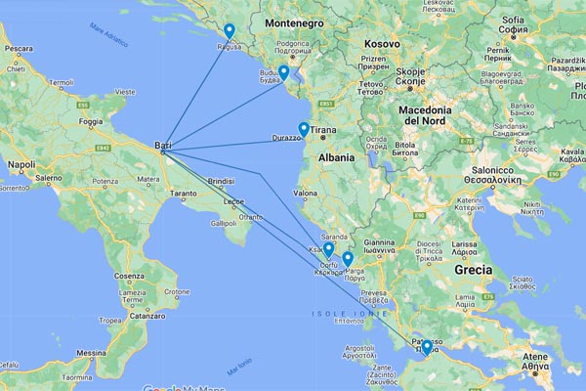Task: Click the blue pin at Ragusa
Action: (229, 31)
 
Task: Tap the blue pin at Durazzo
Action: (304, 129)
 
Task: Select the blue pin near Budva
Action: (283, 72)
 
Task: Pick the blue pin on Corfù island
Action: (329, 250)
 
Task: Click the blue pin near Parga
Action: (348, 259)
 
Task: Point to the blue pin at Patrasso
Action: (427, 347)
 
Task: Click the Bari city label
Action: (163, 147)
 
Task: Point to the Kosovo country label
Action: (382, 44)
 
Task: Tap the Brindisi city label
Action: (222, 182)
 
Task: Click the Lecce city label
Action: (233, 201)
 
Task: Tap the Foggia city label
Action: (91, 122)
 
